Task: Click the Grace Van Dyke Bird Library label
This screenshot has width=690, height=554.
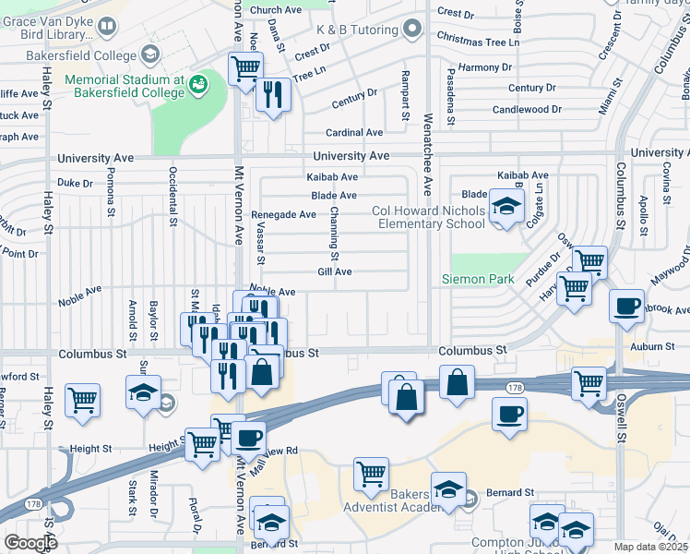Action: coord(46,28)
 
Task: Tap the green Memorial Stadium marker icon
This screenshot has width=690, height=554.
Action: coord(196,86)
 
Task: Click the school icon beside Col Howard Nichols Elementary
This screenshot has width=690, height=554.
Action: coord(506,208)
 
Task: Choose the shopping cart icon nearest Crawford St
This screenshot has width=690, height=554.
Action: coord(83,401)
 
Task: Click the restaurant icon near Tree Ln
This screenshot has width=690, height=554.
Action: coord(273,95)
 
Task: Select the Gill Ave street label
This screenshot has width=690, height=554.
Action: coord(335,271)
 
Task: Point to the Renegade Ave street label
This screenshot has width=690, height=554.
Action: coord(283,214)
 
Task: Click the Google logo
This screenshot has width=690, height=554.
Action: coord(30,543)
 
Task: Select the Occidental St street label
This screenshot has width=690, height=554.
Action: coord(172,197)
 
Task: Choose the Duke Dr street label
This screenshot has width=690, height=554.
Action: coord(76,183)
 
